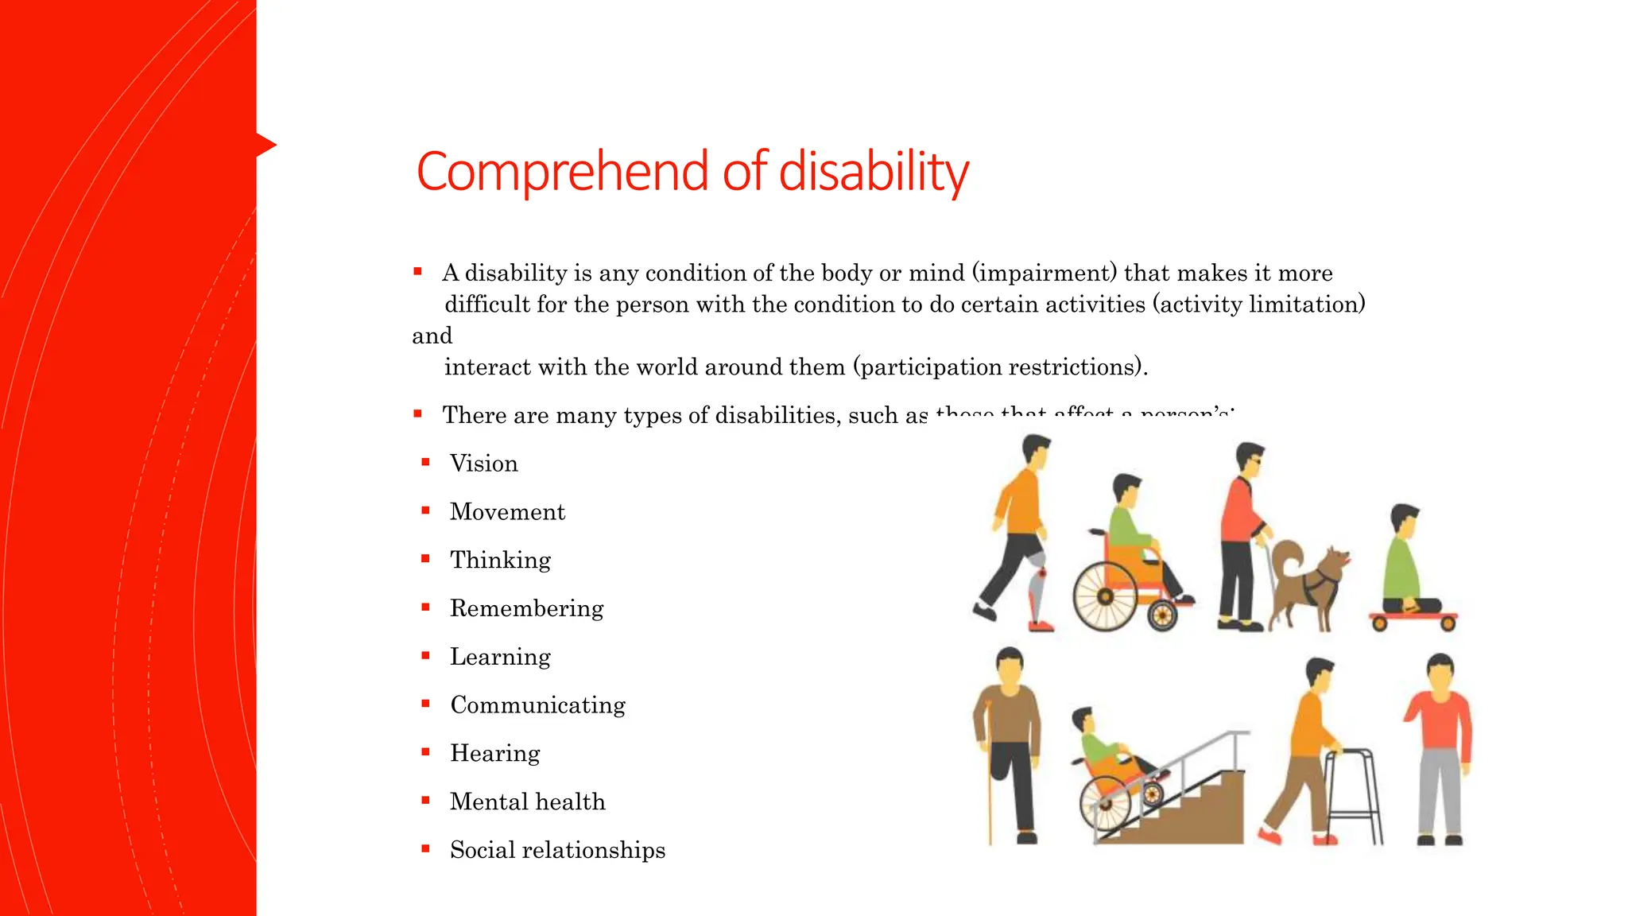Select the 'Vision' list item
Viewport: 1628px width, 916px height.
[483, 464]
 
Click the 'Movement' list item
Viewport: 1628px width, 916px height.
[507, 512]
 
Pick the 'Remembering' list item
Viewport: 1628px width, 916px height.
[526, 608]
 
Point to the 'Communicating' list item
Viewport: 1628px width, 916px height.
[537, 705]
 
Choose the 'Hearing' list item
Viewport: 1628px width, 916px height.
[494, 753]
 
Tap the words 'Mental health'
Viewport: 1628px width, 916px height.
[527, 801]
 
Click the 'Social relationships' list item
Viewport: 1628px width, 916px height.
[557, 850]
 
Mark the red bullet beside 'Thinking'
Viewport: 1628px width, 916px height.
[426, 559]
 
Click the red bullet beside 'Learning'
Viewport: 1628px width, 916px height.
[426, 656]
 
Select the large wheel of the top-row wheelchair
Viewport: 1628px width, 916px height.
[1105, 596]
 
